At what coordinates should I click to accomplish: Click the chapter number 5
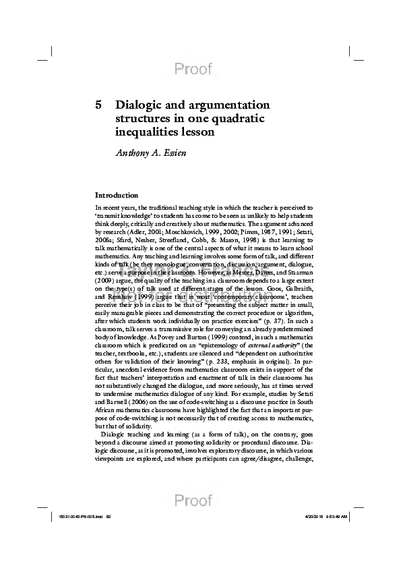click(98, 105)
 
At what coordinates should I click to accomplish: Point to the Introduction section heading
click(117, 195)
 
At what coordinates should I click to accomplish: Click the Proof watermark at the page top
click(193, 69)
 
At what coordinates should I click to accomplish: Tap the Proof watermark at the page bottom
click(193, 500)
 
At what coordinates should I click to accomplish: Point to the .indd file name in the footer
click(75, 517)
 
